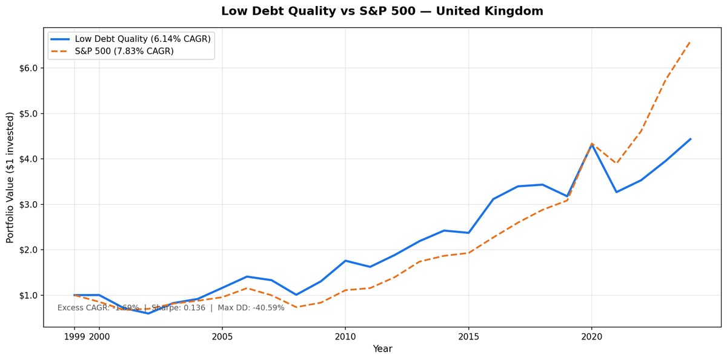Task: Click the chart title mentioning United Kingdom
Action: click(382, 12)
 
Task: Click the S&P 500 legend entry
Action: click(124, 52)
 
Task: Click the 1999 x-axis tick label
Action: click(74, 336)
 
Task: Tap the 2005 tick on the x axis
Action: click(222, 336)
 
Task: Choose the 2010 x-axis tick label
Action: click(345, 336)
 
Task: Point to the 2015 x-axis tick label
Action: click(468, 336)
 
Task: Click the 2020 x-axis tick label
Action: click(592, 336)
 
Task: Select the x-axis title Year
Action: click(382, 349)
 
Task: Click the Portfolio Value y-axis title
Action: click(10, 178)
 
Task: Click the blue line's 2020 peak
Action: click(592, 145)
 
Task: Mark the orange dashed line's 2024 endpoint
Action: click(690, 42)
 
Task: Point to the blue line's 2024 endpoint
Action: click(690, 139)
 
